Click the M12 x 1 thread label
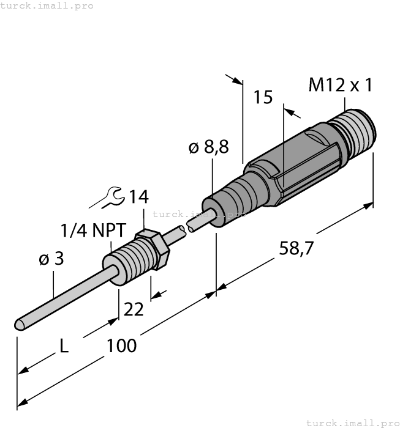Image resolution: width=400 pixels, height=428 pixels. point(340,85)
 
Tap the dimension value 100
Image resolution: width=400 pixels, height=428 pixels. point(121,345)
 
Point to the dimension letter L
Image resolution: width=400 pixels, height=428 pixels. point(64,347)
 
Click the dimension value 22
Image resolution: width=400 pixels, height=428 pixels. point(133,309)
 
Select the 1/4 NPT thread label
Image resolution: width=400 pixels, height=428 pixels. point(93,231)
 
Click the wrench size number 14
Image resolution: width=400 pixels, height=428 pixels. point(139,197)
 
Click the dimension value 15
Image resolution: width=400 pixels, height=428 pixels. point(263,97)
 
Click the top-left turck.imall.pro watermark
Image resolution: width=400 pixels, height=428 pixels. point(47,6)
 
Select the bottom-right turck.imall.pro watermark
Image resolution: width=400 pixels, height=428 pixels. point(352,422)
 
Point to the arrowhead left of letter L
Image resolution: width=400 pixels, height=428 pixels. point(23,370)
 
